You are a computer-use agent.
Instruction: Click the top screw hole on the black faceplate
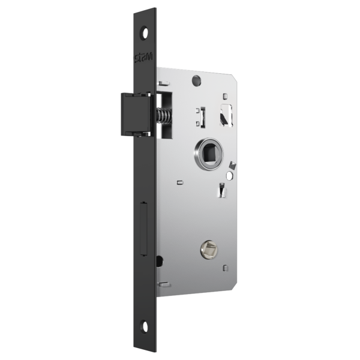145,33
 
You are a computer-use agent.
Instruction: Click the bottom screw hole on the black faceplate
145,326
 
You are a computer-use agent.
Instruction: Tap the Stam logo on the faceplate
143,58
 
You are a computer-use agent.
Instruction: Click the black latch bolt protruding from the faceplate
136,113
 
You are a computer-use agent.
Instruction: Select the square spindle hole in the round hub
209,153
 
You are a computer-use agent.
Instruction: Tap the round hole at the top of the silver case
196,80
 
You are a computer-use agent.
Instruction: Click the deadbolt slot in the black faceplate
143,229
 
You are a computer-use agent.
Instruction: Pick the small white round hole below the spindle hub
229,176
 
